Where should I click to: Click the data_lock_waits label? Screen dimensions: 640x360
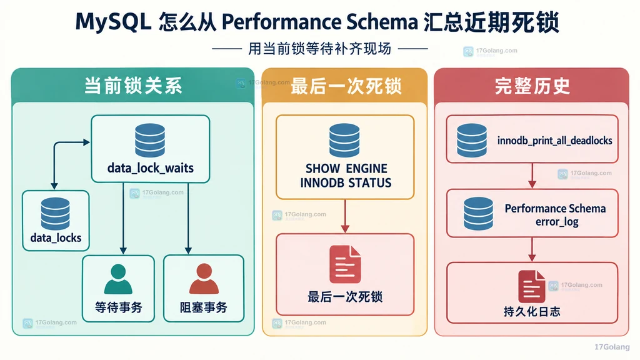click(150, 167)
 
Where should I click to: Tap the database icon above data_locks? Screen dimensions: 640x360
click(55, 214)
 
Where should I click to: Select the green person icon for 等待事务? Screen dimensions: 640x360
click(118, 279)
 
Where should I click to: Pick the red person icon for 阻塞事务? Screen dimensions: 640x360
click(204, 279)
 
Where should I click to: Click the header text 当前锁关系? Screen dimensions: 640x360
click(133, 86)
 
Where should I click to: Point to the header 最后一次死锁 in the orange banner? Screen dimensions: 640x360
click(346, 86)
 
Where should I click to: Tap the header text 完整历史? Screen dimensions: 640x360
click(532, 86)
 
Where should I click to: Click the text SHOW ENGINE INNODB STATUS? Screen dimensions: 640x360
click(346, 176)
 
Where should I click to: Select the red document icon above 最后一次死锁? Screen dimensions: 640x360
click(345, 264)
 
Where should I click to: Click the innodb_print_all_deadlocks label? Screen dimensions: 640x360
click(555, 141)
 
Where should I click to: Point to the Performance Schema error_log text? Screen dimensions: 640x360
click(556, 215)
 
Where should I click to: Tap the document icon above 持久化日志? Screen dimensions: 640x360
click(531, 286)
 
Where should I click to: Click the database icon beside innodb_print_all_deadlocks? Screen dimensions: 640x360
click(472, 141)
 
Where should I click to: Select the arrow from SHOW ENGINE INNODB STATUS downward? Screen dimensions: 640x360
click(345, 216)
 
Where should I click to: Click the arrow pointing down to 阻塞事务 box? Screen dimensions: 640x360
click(188, 218)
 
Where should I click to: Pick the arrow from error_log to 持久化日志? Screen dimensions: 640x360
click(532, 249)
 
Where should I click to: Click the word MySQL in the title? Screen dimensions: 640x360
click(113, 22)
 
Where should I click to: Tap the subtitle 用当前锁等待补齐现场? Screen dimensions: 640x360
click(319, 49)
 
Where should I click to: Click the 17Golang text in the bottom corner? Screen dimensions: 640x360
click(612, 347)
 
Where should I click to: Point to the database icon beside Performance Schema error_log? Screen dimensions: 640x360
click(478, 214)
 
